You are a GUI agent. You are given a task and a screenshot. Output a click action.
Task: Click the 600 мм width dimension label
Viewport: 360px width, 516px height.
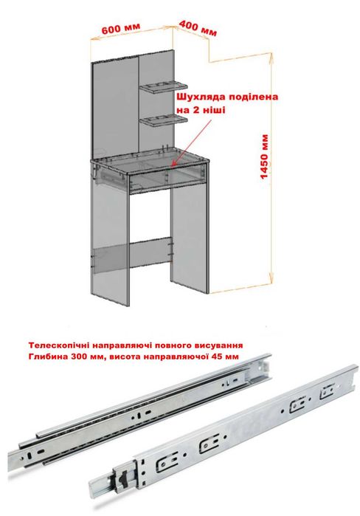tap(121, 28)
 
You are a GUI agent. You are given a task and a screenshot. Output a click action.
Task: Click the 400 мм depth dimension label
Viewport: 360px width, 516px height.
tap(198, 28)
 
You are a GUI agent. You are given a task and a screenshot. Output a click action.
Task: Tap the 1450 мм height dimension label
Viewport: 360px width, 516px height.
tap(264, 156)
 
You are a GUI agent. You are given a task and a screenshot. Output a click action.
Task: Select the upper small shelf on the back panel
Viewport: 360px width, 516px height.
tap(163, 86)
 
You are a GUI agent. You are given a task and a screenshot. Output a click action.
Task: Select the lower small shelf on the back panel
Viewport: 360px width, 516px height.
tap(163, 120)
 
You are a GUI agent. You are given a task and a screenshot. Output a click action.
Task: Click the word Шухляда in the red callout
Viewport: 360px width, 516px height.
tap(201, 97)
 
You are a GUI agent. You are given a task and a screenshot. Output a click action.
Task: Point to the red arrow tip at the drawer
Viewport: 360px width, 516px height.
tap(173, 164)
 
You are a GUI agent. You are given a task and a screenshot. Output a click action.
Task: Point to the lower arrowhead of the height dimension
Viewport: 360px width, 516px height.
tap(271, 279)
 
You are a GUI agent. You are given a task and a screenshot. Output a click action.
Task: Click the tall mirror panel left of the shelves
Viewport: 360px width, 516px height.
tap(115, 109)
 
